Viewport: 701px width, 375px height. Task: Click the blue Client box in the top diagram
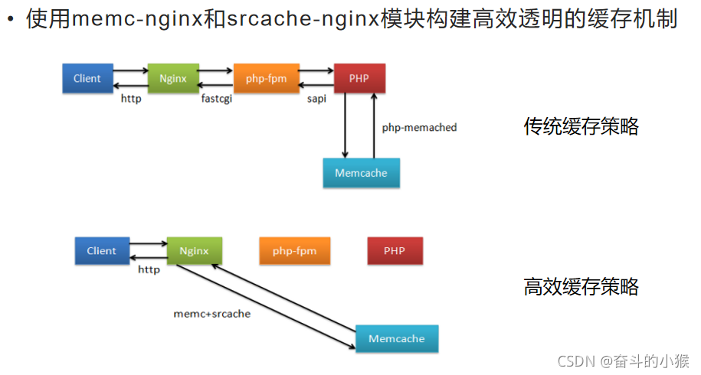(87, 78)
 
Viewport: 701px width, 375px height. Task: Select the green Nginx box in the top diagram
(172, 78)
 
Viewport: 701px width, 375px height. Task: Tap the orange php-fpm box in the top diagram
(266, 78)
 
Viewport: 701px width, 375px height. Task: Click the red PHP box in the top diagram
(359, 78)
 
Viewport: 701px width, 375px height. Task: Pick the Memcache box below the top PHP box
(361, 173)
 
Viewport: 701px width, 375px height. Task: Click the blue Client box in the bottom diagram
(101, 250)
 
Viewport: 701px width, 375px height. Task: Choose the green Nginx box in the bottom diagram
(194, 250)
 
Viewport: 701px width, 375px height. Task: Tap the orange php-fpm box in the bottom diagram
(295, 250)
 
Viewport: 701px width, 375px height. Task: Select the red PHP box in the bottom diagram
(395, 250)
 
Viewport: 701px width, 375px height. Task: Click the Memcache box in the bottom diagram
(396, 338)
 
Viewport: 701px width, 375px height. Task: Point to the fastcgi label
(217, 99)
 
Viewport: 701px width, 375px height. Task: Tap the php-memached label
(419, 128)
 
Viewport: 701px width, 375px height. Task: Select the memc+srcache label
(212, 313)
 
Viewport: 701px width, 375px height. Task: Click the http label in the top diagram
(131, 99)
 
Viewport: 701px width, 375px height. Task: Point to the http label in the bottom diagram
(149, 269)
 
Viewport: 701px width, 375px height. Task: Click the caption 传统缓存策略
(581, 126)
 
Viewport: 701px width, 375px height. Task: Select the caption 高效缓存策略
(581, 287)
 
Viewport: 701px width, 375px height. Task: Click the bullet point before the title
(11, 20)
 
